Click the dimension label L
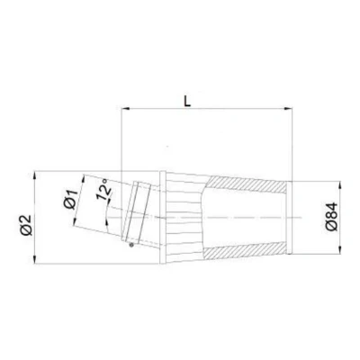(187, 102)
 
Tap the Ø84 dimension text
(331, 217)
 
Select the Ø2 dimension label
(26, 224)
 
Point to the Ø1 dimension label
(71, 200)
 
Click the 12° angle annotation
(103, 189)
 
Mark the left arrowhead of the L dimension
(125, 108)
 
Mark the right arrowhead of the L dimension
(288, 108)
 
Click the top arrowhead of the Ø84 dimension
(340, 185)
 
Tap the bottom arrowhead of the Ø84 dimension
(340, 250)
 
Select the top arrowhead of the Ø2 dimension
(35, 175)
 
